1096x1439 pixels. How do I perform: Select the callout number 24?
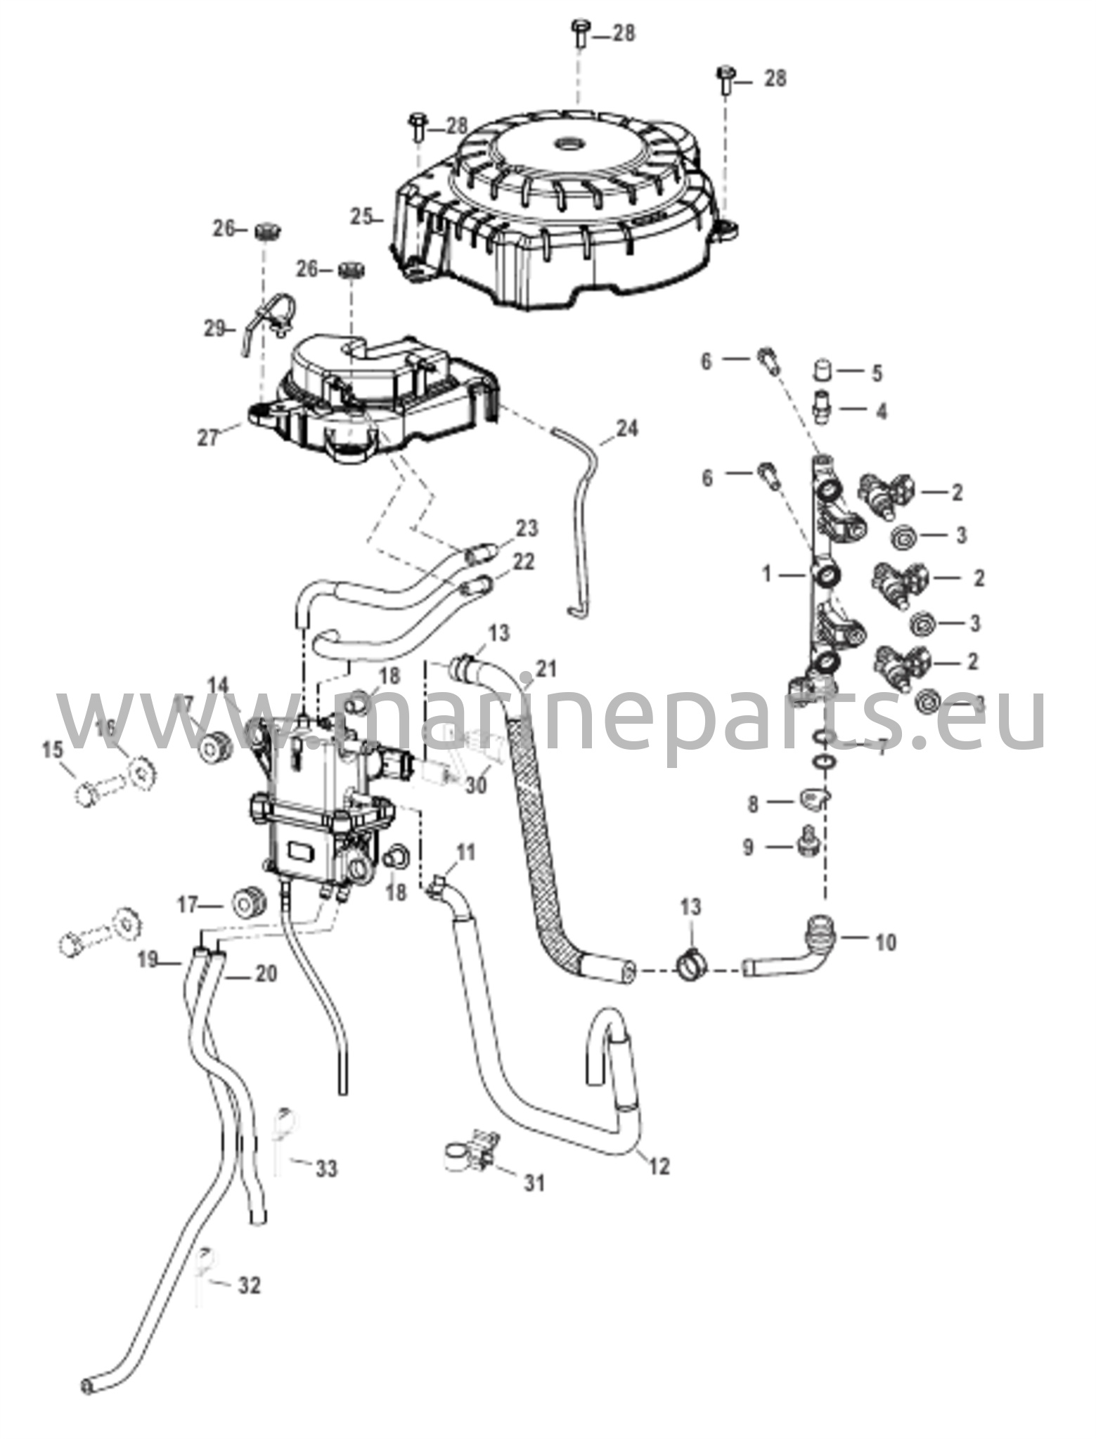click(627, 428)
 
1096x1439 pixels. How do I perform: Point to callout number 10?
click(886, 942)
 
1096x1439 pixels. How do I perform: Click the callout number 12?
click(659, 1166)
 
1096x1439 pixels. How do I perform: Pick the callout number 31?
click(534, 1183)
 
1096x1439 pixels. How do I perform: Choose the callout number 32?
click(249, 1285)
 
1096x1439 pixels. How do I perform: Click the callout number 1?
click(768, 575)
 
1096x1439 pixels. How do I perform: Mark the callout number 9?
click(748, 847)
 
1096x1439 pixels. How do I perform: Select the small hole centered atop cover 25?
click(567, 144)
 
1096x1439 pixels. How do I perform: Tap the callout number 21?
click(546, 668)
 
